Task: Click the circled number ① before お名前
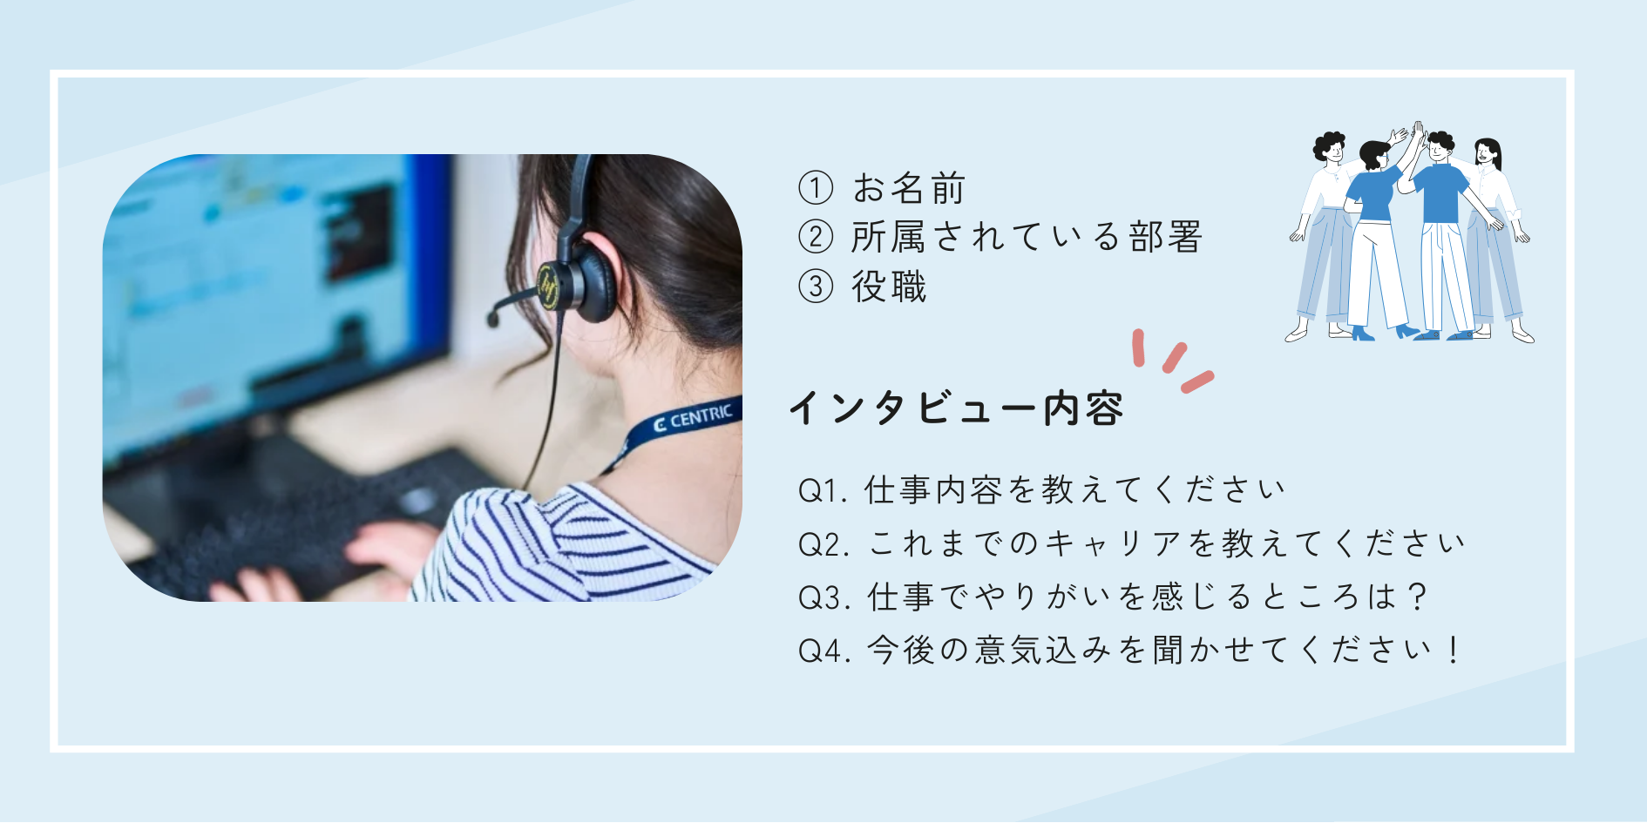(x=816, y=187)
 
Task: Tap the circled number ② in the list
(x=816, y=236)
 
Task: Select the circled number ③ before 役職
(x=816, y=286)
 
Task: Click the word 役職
(x=889, y=287)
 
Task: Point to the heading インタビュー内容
(x=956, y=408)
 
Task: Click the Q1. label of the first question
(x=823, y=491)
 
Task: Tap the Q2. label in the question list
(x=824, y=545)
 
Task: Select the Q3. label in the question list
(x=824, y=598)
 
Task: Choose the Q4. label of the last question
(x=824, y=651)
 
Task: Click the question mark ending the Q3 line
(x=1417, y=597)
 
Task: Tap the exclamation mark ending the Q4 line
(x=1453, y=650)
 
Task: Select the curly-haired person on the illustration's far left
(x=1325, y=236)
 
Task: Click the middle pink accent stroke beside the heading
(x=1175, y=357)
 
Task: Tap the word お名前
(x=909, y=187)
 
